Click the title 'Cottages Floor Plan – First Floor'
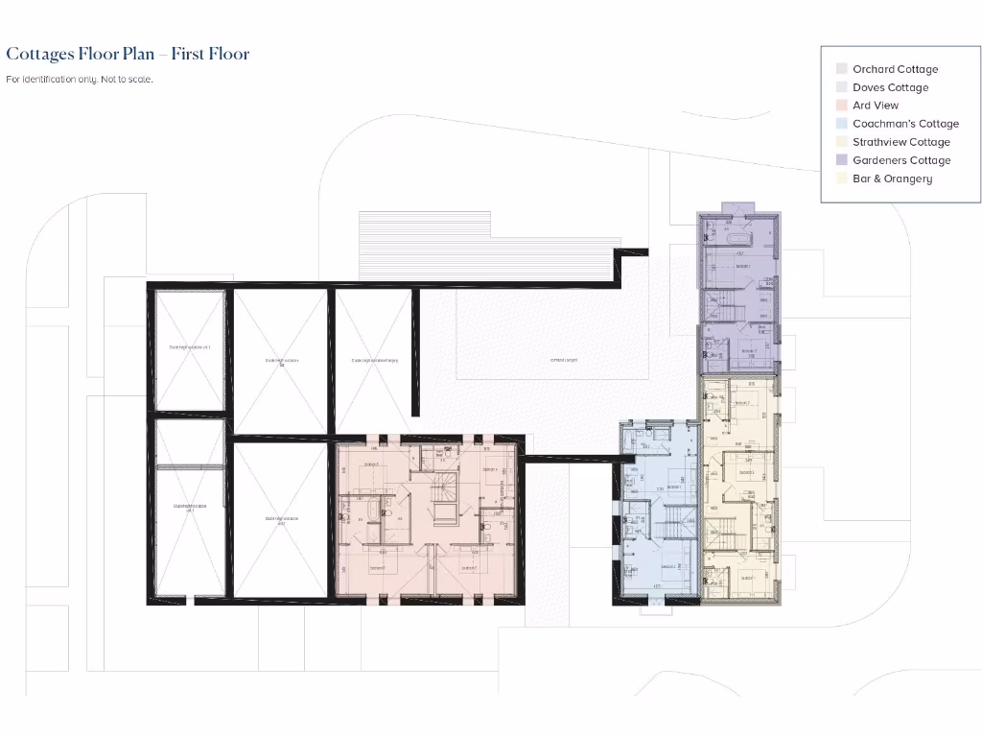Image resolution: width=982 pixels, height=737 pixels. (x=128, y=54)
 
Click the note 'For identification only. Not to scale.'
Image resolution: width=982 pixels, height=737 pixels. (x=80, y=80)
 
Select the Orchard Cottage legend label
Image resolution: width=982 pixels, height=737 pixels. (x=895, y=69)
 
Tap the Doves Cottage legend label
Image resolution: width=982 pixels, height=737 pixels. (x=890, y=87)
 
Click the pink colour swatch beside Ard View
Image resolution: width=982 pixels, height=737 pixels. (x=841, y=106)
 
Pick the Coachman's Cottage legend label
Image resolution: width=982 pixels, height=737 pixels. (x=905, y=124)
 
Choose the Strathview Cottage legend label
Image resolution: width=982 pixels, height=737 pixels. (x=900, y=142)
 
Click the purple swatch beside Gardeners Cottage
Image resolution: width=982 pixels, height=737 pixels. (x=841, y=160)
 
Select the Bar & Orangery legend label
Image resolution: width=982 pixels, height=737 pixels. (x=892, y=178)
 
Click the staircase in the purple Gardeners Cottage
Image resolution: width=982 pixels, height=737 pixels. (x=733, y=312)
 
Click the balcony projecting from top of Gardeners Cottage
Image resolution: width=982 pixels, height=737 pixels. (x=738, y=208)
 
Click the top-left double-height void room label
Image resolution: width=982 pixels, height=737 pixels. (x=189, y=347)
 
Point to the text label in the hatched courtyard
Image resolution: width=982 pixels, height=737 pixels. (x=563, y=360)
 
